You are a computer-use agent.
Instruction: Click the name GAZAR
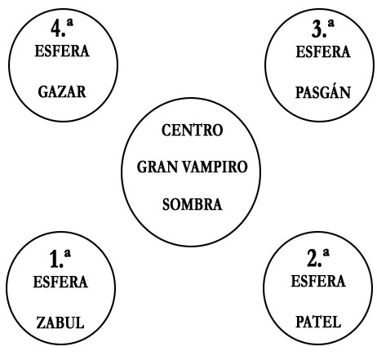[62, 91]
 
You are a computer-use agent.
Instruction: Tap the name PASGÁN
[323, 91]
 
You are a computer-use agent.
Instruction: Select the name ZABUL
[60, 322]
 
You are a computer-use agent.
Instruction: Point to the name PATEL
[318, 322]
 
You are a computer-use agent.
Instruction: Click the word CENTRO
[193, 130]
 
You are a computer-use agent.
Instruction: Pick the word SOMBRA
[193, 204]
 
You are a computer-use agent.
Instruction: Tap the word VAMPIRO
[215, 167]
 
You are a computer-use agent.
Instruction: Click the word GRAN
[157, 167]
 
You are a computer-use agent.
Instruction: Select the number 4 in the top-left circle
[56, 29]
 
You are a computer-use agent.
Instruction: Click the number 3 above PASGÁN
[317, 29]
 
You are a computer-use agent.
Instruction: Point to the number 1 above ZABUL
[54, 260]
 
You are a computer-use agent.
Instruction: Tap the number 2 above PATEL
[313, 258]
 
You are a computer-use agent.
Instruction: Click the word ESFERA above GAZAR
[62, 51]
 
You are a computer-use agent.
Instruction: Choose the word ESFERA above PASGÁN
[323, 51]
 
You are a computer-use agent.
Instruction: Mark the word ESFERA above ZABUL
[60, 282]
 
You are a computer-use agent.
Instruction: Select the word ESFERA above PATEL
[318, 281]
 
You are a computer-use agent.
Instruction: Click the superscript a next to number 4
[70, 23]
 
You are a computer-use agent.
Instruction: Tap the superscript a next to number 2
[326, 253]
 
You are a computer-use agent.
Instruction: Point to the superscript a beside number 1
[67, 254]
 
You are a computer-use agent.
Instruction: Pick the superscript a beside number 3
[330, 24]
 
